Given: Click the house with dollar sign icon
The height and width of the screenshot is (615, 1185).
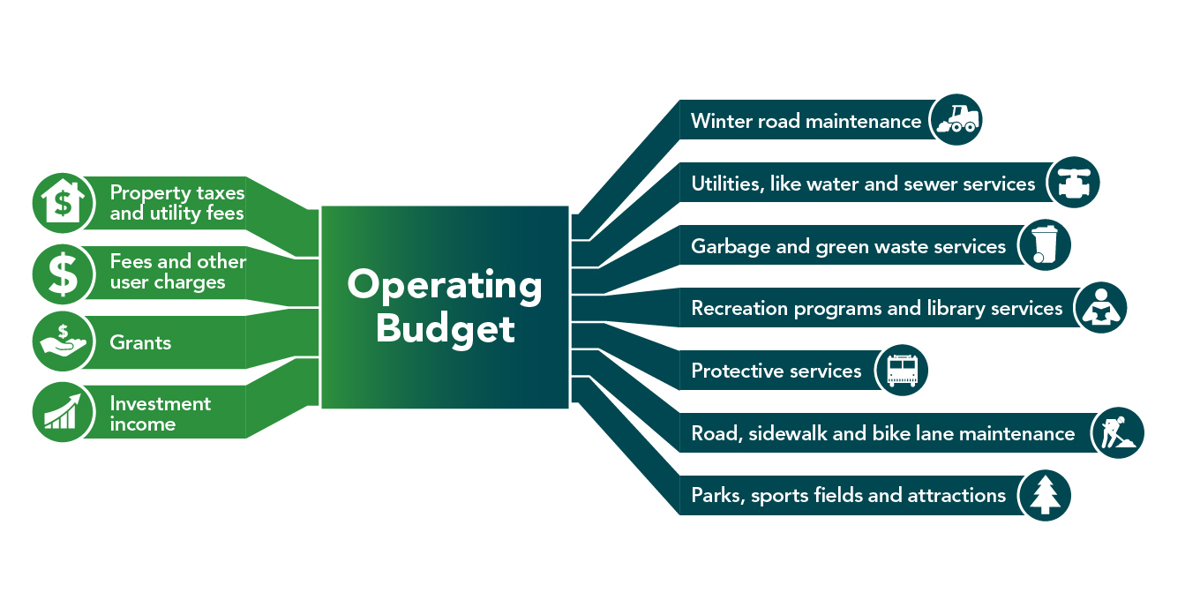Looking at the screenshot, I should [x=63, y=200].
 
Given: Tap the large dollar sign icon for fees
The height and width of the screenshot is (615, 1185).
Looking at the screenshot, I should [x=63, y=273].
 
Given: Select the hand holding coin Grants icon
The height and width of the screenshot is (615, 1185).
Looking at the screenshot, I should [x=63, y=342].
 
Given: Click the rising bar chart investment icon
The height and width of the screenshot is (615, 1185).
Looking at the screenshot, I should [x=63, y=412].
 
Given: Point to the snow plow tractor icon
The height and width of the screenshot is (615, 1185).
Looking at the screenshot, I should [x=956, y=120].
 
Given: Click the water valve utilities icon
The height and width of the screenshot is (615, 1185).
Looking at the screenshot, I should [x=1073, y=183].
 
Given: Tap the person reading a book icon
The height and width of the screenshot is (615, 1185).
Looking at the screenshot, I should [x=1100, y=308].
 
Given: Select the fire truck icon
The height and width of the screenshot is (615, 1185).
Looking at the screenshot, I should [x=902, y=370].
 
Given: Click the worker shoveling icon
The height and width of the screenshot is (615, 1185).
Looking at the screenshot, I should [x=1117, y=432].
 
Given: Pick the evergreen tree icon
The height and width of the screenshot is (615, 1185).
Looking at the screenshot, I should [x=1045, y=495].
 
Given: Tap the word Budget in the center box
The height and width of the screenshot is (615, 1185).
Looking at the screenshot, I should [x=445, y=328].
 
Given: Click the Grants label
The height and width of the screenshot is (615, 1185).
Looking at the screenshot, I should [x=140, y=342].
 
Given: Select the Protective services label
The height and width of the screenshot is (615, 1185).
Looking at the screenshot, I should [x=776, y=371].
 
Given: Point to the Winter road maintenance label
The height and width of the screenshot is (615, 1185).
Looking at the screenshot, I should [x=806, y=121].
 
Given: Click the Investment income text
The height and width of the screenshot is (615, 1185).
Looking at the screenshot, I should [x=160, y=414].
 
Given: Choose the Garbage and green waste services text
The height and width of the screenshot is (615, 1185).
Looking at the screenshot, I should [x=848, y=246].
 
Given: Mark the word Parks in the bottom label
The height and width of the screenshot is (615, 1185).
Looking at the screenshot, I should [x=717, y=495].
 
